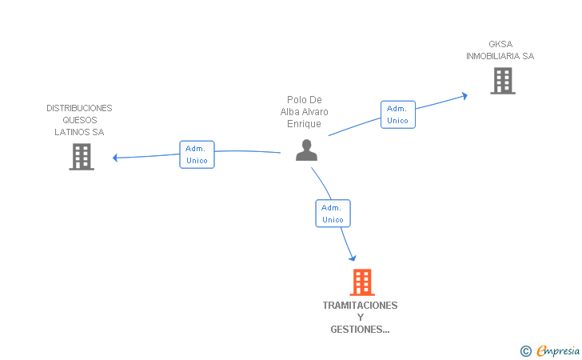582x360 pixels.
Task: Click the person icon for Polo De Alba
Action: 307,150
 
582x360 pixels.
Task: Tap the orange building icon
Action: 362,282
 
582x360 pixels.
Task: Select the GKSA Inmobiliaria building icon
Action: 503,81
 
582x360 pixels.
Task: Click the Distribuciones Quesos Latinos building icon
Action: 82,157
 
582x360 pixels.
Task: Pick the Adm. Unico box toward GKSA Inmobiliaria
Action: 398,114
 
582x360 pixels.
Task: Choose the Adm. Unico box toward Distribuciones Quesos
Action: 197,154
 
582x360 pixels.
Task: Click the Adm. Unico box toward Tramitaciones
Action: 333,214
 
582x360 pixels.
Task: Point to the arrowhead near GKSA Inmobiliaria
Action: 464,96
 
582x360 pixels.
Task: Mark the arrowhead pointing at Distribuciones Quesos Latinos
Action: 115,158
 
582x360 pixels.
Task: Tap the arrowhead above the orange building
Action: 353,258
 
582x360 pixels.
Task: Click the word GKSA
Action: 500,44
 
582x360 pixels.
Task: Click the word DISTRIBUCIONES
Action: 79,108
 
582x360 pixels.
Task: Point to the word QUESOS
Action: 80,120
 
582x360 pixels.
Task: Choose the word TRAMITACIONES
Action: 360,306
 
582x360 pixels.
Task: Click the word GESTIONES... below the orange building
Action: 360,330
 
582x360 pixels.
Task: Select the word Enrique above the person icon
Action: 304,124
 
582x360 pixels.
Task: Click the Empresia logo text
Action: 558,351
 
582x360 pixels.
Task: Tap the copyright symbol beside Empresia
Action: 526,351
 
